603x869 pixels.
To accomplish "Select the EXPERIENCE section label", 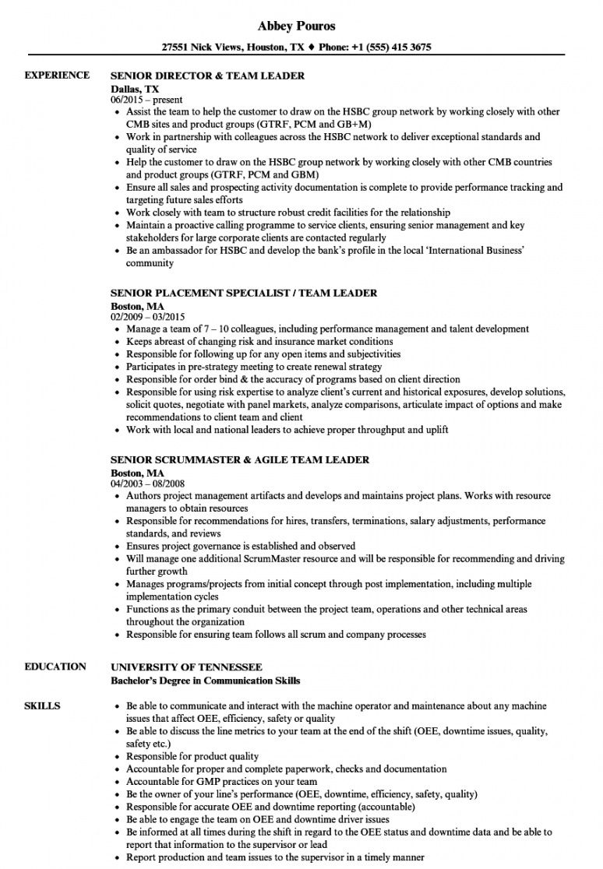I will click(57, 76).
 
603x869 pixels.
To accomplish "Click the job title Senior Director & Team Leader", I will click(207, 76).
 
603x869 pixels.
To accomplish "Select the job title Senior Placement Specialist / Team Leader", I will click(244, 293).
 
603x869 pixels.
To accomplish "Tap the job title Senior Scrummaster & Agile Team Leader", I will click(240, 459).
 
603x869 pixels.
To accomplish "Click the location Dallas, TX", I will click(135, 89).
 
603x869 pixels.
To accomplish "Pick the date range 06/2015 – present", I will click(146, 100).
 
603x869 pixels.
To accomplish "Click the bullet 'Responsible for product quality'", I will click(192, 756).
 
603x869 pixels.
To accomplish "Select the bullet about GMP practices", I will click(221, 781).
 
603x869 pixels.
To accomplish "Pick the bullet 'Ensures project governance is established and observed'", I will click(241, 546).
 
